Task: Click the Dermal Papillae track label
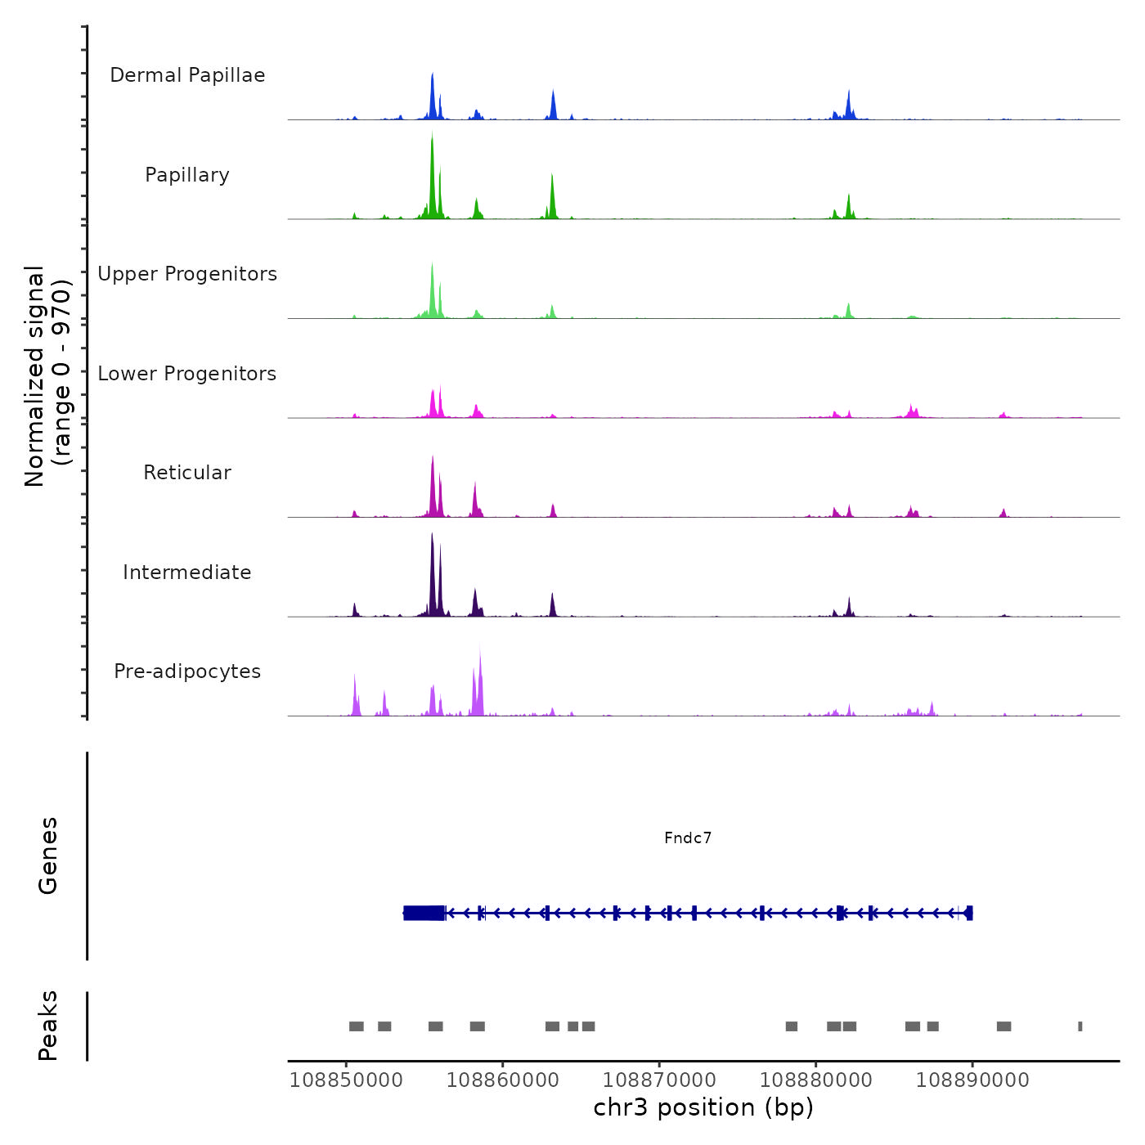pos(187,75)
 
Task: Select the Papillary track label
pos(187,175)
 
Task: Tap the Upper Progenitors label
pos(187,274)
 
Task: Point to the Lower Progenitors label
pos(187,374)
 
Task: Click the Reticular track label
pos(187,473)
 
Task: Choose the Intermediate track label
pos(187,572)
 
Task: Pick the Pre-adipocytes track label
pos(187,671)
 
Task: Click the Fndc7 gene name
pos(688,837)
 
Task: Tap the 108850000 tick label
pos(346,1080)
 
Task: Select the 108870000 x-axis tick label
pos(659,1080)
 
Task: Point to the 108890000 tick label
pos(972,1080)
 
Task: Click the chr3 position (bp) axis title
pos(703,1107)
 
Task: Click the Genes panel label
pos(47,855)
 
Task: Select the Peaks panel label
pos(47,1026)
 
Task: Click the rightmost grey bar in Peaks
pos(1080,1026)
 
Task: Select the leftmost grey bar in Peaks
pos(356,1026)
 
